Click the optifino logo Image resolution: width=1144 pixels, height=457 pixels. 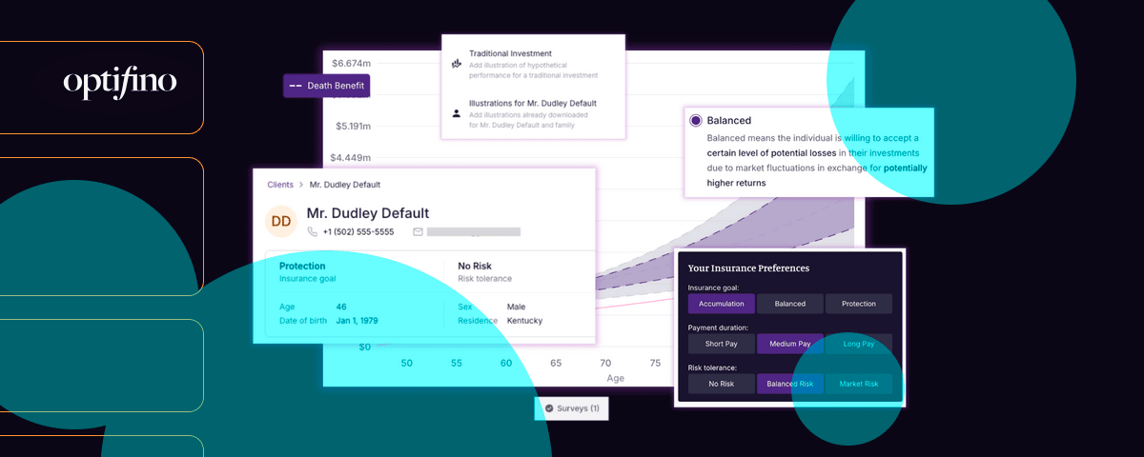(120, 84)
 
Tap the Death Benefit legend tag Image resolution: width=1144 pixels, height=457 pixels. (325, 86)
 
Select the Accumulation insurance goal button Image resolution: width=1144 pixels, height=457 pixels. (722, 304)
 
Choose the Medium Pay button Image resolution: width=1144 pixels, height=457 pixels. (789, 344)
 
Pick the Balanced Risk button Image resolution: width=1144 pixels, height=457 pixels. (789, 384)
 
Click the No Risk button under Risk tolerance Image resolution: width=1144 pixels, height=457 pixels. (722, 384)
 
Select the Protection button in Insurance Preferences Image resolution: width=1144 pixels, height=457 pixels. (858, 304)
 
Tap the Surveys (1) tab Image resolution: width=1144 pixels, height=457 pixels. (572, 408)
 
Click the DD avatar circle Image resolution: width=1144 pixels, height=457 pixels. (281, 222)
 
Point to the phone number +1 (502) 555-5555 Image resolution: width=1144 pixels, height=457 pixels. (357, 231)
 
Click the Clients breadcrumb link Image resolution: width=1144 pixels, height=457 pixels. (280, 185)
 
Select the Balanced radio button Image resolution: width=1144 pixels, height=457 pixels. (696, 121)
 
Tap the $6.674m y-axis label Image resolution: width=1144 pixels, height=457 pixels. (351, 64)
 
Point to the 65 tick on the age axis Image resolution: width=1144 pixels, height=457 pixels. (556, 363)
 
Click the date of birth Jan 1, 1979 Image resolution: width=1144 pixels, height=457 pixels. (357, 321)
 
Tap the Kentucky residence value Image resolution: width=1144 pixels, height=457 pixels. (524, 321)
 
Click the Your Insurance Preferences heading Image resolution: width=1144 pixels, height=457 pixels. (748, 268)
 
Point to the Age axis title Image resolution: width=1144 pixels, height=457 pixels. (616, 378)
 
